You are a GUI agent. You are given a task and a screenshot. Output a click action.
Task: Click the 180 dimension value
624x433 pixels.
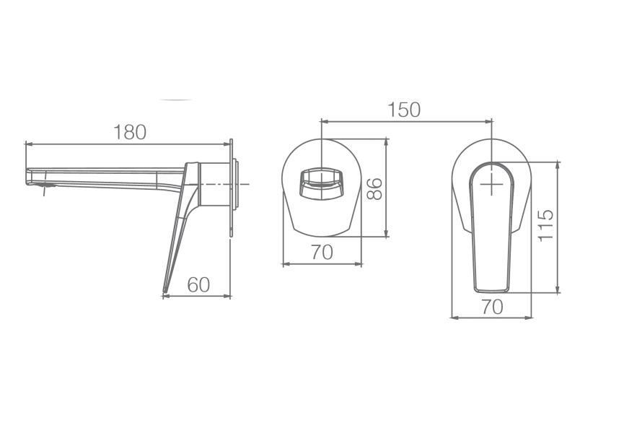point(130,132)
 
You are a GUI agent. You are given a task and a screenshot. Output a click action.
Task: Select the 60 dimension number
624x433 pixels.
point(198,284)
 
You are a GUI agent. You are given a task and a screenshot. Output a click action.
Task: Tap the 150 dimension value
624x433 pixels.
point(404,110)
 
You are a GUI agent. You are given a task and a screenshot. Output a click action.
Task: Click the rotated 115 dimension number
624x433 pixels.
point(545,226)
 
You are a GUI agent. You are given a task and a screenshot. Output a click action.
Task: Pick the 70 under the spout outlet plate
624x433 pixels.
point(322,253)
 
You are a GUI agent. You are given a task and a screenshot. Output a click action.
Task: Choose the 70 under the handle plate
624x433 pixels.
point(491,306)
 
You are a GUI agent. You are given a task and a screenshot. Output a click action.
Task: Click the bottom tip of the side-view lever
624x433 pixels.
point(164,292)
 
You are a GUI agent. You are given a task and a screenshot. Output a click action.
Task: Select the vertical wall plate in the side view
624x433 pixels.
point(231,188)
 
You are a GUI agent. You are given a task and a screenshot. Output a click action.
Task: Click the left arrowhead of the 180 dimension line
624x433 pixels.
point(27,144)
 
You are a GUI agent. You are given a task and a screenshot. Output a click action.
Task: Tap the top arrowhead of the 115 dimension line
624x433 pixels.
point(557,163)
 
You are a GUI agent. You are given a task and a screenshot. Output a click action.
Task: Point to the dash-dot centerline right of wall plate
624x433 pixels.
point(243,185)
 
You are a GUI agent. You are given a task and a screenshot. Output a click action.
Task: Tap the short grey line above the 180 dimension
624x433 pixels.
point(176,100)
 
